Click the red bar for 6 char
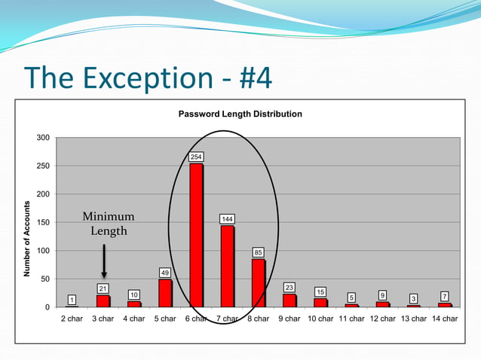point(196,235)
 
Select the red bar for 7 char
point(227,265)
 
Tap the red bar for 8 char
point(258,282)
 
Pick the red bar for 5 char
point(165,293)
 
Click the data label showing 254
point(196,157)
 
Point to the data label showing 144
point(227,218)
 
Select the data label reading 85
point(258,252)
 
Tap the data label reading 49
point(165,272)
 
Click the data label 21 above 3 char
point(103,288)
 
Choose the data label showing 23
point(289,287)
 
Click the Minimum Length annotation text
point(109,224)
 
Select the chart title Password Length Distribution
point(240,114)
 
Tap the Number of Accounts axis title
point(27,239)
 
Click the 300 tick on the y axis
point(43,138)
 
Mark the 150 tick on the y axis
point(43,222)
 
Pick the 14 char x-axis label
point(444,319)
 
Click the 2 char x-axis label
point(72,319)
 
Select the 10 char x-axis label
point(320,319)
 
